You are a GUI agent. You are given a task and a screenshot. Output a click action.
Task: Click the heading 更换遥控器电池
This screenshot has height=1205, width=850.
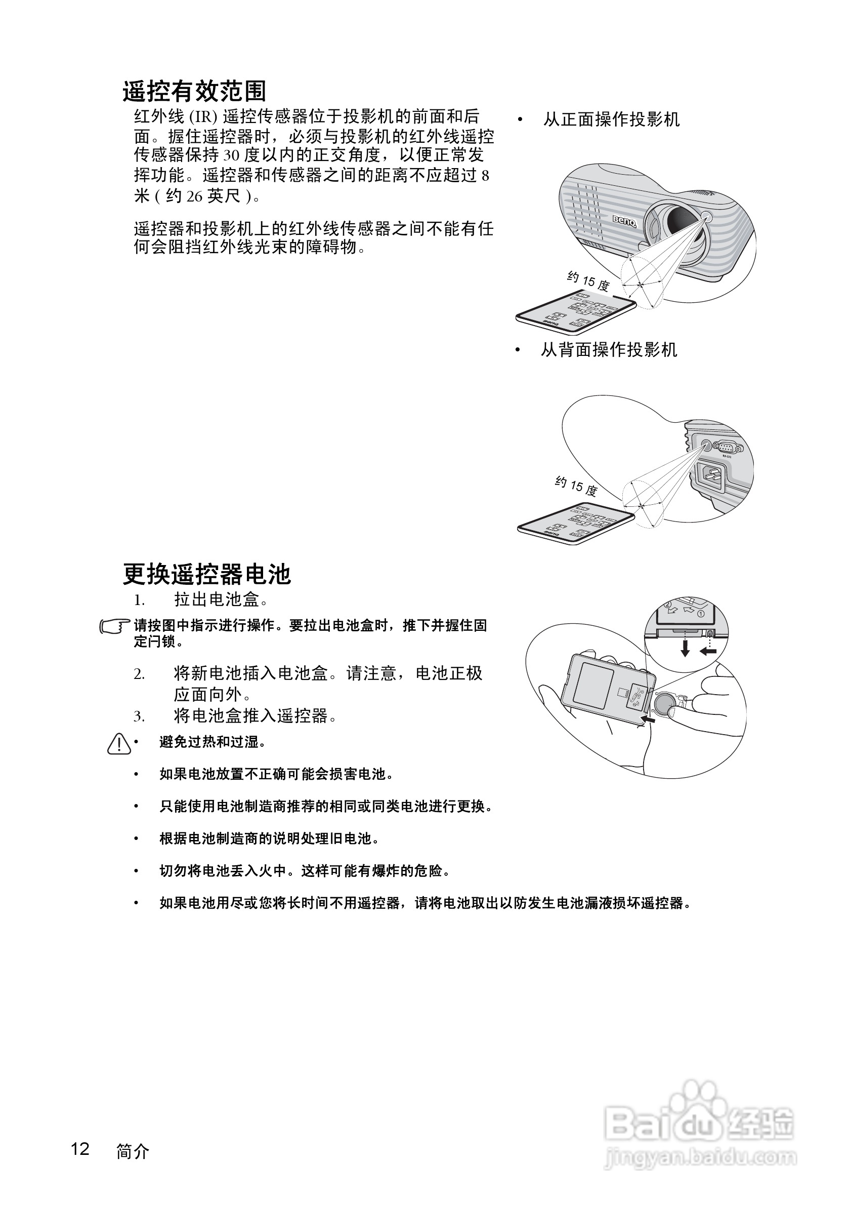pos(206,574)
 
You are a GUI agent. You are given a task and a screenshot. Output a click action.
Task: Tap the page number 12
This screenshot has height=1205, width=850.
pos(80,1149)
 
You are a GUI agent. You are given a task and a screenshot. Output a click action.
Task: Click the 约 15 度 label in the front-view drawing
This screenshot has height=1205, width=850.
pos(588,282)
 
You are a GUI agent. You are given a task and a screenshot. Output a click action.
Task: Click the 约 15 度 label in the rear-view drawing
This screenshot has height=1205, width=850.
pos(576,486)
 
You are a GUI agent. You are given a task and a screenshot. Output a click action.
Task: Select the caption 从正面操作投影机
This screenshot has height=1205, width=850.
pos(611,119)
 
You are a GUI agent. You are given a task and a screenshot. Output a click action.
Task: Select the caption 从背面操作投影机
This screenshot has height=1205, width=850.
pos(609,349)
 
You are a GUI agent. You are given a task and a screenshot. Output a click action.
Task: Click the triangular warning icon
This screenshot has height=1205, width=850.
pos(119,744)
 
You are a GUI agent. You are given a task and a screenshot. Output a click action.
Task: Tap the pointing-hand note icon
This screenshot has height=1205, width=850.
pos(114,626)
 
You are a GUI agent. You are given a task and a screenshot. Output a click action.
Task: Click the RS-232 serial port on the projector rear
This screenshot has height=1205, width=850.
pos(727,448)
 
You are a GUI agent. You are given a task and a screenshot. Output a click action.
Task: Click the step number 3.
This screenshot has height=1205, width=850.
pos(139,716)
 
